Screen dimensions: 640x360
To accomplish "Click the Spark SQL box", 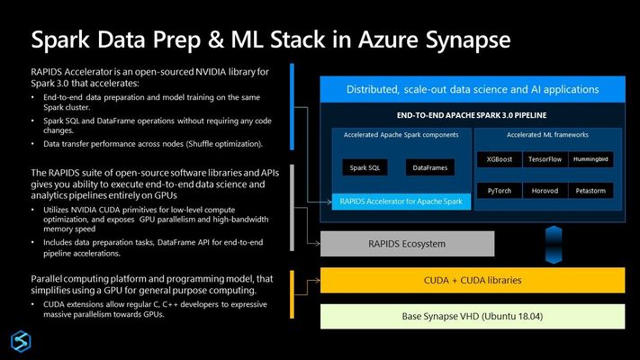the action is click(365, 167).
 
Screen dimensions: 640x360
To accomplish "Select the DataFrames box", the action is click(429, 167).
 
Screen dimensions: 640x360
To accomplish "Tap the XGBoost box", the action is click(500, 159).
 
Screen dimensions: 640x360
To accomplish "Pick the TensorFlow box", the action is click(545, 159).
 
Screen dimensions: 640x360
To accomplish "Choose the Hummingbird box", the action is click(590, 159).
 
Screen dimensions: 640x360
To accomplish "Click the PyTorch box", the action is click(500, 191).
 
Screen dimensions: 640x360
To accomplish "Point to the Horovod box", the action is click(545, 191).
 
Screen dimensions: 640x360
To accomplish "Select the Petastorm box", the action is click(590, 191).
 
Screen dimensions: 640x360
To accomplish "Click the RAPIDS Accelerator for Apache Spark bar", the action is click(401, 202).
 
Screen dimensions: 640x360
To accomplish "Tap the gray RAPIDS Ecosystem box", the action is click(408, 244).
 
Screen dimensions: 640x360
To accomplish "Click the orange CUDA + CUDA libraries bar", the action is click(473, 281).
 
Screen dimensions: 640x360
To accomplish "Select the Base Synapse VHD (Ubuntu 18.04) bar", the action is click(473, 316).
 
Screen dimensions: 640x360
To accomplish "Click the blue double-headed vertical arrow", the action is click(554, 245).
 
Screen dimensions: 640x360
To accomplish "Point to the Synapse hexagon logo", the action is click(21, 341).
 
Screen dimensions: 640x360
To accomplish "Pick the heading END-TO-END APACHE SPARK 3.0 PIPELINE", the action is click(472, 115).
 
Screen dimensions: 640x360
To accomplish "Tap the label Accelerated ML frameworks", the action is click(548, 135).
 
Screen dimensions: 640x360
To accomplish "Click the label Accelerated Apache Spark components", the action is click(401, 135).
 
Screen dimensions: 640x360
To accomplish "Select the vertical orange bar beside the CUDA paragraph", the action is click(292, 294).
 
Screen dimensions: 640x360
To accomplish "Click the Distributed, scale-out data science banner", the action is click(473, 89).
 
